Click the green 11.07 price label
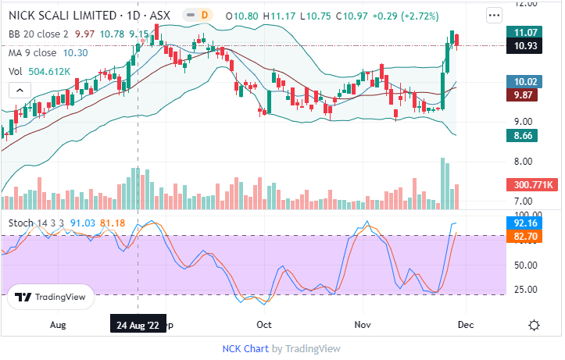tap(524, 32)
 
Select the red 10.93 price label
tap(524, 46)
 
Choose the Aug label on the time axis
tap(58, 323)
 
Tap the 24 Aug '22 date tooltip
tap(138, 324)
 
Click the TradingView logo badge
tap(51, 298)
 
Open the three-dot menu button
tap(493, 15)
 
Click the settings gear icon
tap(535, 325)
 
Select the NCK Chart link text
tap(245, 348)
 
